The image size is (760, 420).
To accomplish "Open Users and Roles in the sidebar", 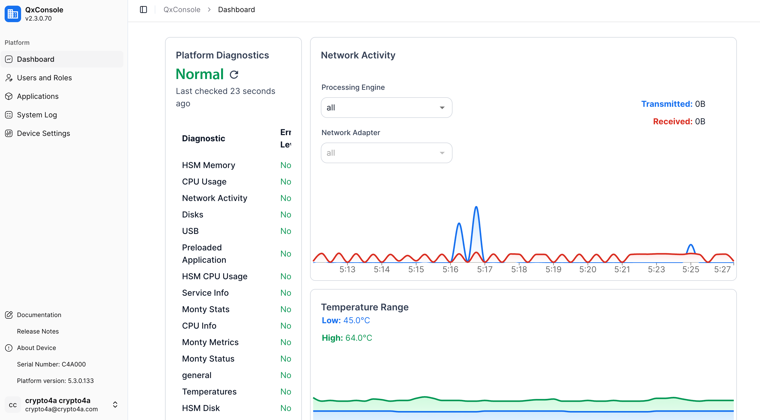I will pos(44,78).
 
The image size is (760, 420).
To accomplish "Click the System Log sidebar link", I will pos(37,115).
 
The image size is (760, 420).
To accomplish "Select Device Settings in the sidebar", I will pos(43,134).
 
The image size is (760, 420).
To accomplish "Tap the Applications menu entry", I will pos(38,96).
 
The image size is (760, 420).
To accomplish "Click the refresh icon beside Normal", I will pos(234,74).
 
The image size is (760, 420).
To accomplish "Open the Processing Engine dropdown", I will pos(386,108).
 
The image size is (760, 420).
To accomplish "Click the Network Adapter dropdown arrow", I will pos(442,153).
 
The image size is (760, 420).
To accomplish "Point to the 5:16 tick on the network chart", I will pos(450,269).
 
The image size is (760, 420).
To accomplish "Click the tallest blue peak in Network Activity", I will pos(476,207).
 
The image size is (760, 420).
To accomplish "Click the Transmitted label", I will pos(666,104).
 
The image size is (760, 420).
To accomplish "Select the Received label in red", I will pos(672,121).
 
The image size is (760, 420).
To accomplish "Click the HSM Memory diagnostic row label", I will pos(208,165).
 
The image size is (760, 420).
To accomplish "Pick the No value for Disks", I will pos(285,215).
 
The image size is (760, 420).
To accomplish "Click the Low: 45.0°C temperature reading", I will pos(346,320).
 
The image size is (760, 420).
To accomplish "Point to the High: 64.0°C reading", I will pos(347,338).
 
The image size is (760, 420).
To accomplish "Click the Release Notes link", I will pos(38,331).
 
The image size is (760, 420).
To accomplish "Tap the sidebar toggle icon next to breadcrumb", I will pos(143,10).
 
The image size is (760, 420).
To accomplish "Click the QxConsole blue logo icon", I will pos(13,14).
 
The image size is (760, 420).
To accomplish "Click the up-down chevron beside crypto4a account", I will pos(115,404).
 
